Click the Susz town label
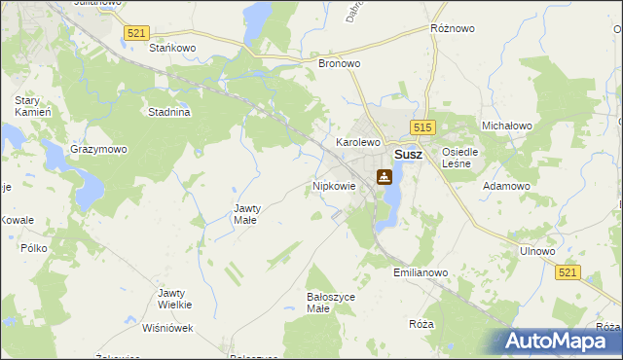coord(407,155)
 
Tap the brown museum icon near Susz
coord(385,177)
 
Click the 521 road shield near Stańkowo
coord(136,33)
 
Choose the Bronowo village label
coord(340,63)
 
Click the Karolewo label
coord(357,142)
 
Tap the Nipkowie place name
coord(334,185)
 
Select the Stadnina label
coord(168,112)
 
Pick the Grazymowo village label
coord(98,150)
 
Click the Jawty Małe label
coord(245,214)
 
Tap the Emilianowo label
coord(421,273)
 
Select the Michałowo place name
coord(506,126)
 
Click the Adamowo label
coord(507,185)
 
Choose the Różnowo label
coord(452,29)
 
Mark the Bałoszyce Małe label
coord(331,303)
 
